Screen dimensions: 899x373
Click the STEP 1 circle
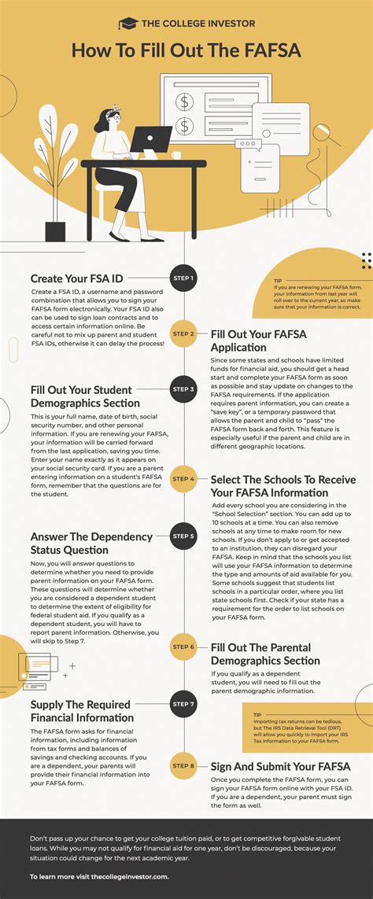pos(183,278)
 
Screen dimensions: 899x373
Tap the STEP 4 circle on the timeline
pos(183,478)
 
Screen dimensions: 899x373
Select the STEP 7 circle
pos(183,703)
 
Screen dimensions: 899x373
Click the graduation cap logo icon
pos(127,25)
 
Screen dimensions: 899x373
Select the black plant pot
pos(55,231)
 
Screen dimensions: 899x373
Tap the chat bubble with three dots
pos(248,144)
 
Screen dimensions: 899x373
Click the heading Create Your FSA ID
pos(77,278)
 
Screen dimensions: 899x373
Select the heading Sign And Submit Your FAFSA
pos(280,766)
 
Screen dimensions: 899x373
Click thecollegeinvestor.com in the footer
pos(129,875)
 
